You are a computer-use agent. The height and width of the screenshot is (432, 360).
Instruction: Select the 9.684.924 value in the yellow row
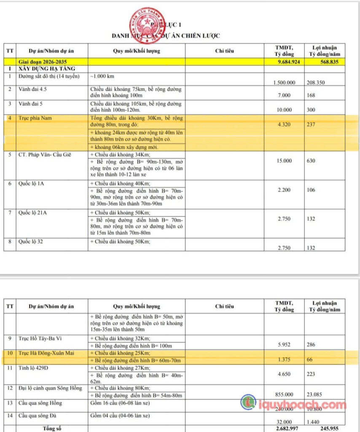tap(284, 62)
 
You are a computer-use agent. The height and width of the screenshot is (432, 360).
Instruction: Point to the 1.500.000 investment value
tap(284, 83)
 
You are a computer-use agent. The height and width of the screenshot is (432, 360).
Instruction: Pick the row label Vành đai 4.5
tap(32, 90)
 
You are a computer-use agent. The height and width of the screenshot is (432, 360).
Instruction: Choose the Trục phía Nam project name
tap(35, 118)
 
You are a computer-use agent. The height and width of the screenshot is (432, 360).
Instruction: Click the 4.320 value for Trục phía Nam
tap(284, 125)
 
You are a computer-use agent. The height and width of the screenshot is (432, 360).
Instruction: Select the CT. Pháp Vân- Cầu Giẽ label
tap(46, 154)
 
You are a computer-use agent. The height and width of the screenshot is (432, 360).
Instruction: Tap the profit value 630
tap(311, 161)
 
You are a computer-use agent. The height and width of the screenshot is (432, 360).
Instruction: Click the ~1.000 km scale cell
tap(102, 76)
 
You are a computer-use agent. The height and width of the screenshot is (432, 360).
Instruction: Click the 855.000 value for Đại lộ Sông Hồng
tap(284, 395)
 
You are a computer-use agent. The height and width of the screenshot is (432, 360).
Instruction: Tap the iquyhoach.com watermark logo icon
tap(248, 402)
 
